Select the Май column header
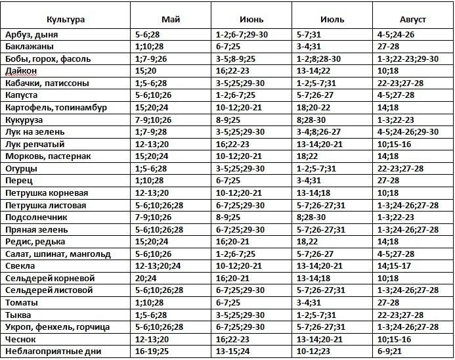[173, 20]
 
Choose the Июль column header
[332, 20]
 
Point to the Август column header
[412, 20]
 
